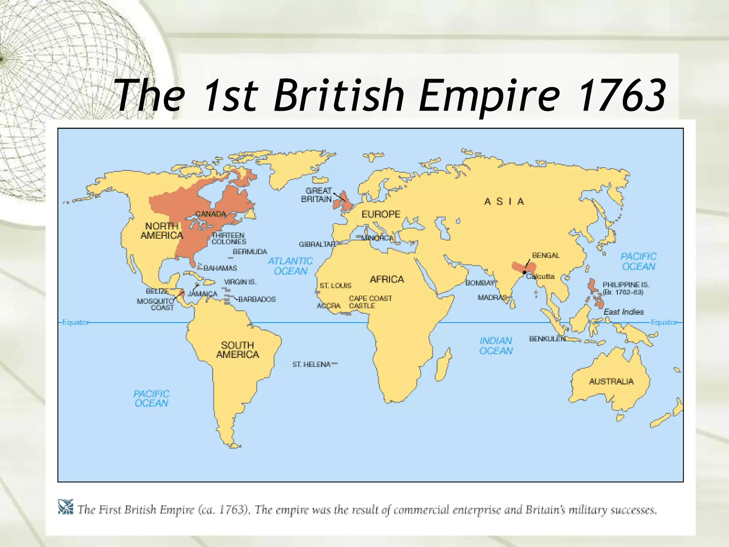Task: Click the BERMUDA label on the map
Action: pos(250,252)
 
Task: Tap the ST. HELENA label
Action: pos(311,364)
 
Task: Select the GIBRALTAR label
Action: pos(317,244)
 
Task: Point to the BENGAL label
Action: pos(546,255)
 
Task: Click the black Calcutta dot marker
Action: pos(524,272)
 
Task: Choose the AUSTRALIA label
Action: pos(611,381)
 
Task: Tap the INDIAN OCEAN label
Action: pos(496,346)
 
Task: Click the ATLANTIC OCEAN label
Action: pos(290,266)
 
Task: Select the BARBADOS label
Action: pos(257,299)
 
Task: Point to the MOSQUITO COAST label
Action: pos(156,304)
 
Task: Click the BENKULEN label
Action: pos(547,339)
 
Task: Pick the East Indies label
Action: pos(624,312)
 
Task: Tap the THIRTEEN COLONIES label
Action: pos(229,238)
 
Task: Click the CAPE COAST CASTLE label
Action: pos(370,302)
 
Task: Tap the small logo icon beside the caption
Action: pos(65,507)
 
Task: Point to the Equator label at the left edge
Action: pos(75,322)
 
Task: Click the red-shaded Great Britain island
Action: pos(345,202)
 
